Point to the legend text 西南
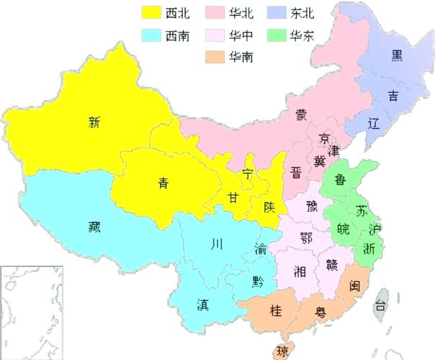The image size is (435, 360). point(177,35)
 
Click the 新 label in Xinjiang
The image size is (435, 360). point(94,122)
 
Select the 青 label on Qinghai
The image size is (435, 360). point(164,183)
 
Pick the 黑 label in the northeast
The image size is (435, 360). point(396,55)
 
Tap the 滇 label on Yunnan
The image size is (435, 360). point(204,303)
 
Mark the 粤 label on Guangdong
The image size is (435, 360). point(319,312)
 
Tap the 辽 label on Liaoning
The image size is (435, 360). point(373,122)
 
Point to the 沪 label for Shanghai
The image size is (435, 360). point(373,230)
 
